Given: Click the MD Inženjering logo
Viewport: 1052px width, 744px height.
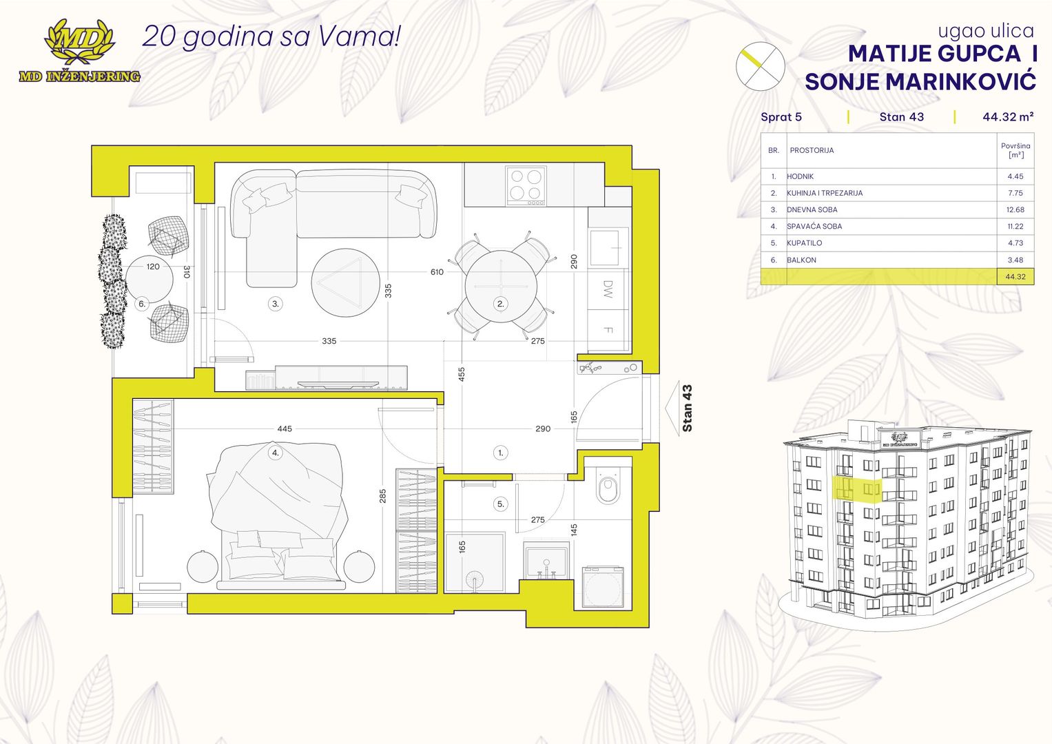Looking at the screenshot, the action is (x=79, y=51).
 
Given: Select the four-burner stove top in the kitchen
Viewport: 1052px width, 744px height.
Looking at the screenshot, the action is (x=526, y=186).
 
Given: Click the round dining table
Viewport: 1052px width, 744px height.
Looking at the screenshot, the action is (x=501, y=286).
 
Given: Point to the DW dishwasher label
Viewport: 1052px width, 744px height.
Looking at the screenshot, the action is (x=608, y=289).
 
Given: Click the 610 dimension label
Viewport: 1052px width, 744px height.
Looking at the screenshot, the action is (x=437, y=271).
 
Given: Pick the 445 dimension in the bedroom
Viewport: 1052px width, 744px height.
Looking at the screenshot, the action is (x=285, y=428).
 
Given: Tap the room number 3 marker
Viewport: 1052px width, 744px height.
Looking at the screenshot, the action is (x=276, y=304).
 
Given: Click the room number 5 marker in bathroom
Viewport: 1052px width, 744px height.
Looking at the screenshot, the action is (x=501, y=504).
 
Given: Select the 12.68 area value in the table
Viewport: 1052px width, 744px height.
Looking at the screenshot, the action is (x=1015, y=209).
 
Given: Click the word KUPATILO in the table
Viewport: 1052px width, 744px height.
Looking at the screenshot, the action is (x=805, y=242).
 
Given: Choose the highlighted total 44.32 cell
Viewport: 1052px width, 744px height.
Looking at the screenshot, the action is (x=1015, y=277).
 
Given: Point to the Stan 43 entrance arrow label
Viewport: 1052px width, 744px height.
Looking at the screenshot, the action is (x=687, y=408).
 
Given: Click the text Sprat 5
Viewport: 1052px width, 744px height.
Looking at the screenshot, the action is (x=781, y=116).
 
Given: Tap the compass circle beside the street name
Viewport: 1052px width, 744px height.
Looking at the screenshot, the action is (x=760, y=66).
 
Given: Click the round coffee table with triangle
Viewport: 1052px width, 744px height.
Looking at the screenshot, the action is (x=345, y=282).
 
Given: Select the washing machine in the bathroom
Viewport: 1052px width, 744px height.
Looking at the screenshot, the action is (x=603, y=588).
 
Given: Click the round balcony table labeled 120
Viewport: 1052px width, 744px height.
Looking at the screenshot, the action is (x=149, y=279).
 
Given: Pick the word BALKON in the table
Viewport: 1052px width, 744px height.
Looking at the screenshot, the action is (x=802, y=260).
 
